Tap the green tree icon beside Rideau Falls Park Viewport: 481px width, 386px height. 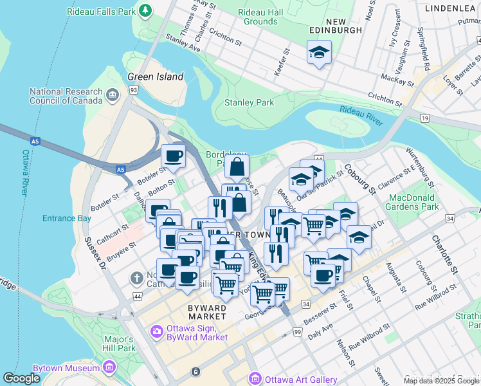(x=147, y=10)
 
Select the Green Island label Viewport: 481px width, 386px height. (x=155, y=77)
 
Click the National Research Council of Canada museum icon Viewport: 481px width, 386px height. (x=113, y=96)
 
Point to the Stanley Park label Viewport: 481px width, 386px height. (x=249, y=102)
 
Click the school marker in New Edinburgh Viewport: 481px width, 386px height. (x=319, y=53)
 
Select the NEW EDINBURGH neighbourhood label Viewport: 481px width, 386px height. (x=336, y=24)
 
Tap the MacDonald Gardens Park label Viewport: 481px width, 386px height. (x=413, y=202)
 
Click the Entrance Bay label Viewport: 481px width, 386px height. (x=67, y=218)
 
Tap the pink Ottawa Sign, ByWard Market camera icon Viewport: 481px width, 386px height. (x=156, y=332)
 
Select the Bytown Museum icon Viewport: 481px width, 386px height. (x=109, y=367)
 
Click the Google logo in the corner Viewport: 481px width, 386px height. (x=21, y=378)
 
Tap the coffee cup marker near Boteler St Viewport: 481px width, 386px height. (x=172, y=156)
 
